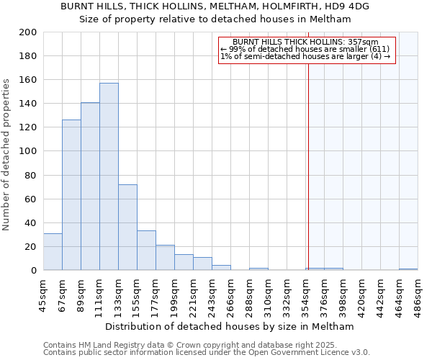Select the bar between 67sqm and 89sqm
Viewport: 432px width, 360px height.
point(71,194)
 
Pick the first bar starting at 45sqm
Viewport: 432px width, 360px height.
point(53,252)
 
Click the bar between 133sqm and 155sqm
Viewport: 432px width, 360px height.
point(127,227)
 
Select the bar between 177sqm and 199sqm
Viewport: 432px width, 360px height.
point(165,258)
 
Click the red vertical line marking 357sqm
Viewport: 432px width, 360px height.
point(308,158)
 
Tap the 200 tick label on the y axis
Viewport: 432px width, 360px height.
point(28,32)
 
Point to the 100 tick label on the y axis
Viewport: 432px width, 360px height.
point(28,151)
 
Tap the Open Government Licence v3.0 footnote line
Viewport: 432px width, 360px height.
point(207,352)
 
